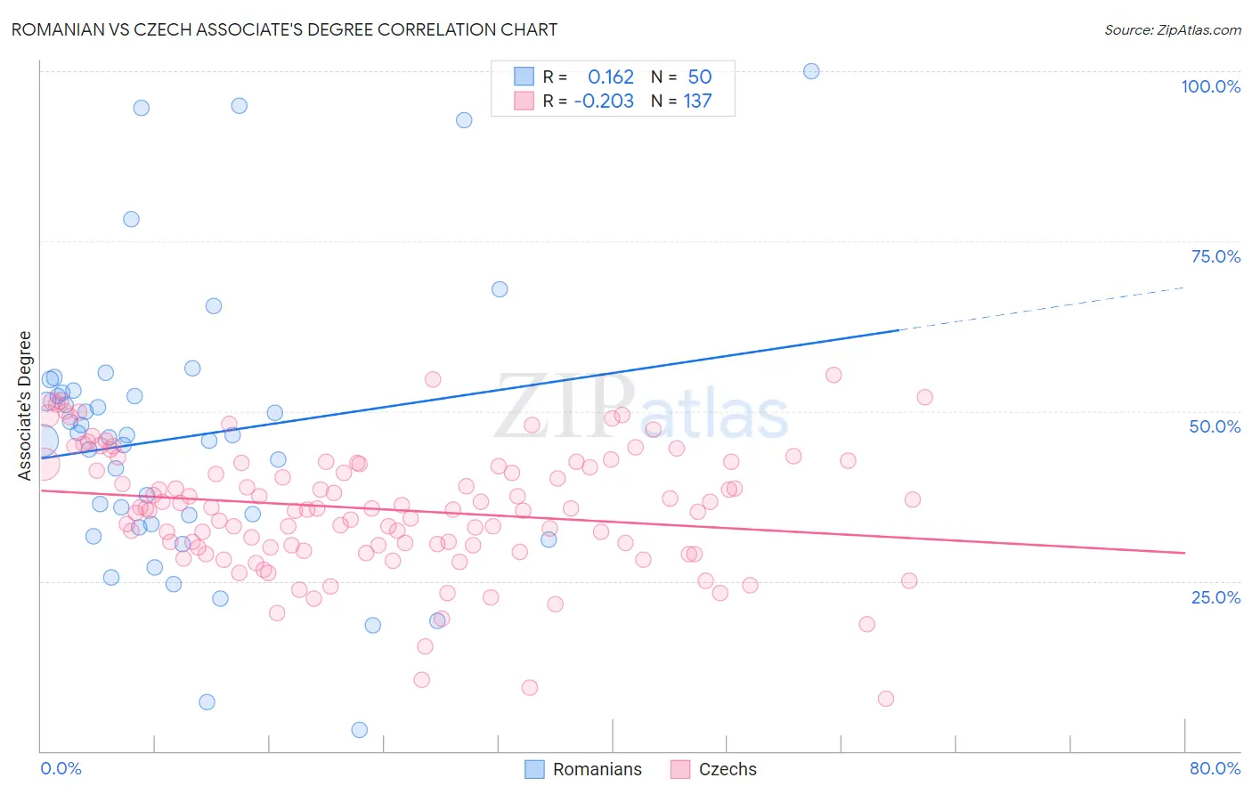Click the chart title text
point(285,29)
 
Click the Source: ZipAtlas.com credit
point(1172,29)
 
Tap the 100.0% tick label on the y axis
point(1210,86)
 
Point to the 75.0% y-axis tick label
point(1215,256)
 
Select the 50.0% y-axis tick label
point(1215,426)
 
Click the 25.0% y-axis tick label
point(1215,597)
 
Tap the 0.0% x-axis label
point(61,768)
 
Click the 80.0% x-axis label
point(1215,768)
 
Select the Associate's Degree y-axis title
point(25,406)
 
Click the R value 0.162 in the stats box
point(611,77)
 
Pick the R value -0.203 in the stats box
point(604,101)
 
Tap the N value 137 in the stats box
point(697,101)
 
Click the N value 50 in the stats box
point(700,77)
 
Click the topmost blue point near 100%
point(811,71)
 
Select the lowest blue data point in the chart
point(360,730)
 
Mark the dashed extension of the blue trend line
point(1042,308)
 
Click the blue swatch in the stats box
point(524,77)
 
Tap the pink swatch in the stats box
point(524,101)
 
